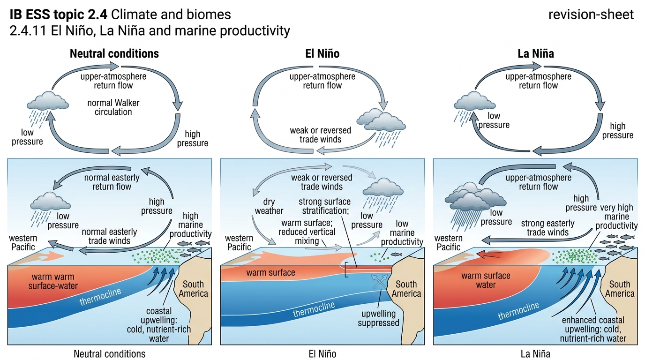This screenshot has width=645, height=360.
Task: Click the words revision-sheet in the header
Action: coord(591,15)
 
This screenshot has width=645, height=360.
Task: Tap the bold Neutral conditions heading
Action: coord(114,53)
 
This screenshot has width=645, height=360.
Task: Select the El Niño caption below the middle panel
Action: coord(322,353)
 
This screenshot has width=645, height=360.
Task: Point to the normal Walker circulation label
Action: coord(113,107)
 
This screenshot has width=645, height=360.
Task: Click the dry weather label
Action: coord(269,206)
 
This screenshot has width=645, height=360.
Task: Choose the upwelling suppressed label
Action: coord(378,318)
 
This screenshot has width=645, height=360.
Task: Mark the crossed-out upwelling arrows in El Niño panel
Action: coord(379,282)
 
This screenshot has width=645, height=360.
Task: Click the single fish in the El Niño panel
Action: coord(396,255)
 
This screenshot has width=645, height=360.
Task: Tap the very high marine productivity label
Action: coord(616,217)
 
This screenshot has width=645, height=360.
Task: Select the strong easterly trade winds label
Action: coord(547,228)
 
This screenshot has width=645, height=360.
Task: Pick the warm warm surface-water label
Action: coord(53,281)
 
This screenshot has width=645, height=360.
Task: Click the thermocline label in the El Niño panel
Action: coord(314,309)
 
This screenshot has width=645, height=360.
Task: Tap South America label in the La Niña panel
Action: coord(620,289)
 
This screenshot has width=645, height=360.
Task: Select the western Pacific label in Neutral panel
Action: coord(23,242)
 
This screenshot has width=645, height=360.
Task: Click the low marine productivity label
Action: coord(402,232)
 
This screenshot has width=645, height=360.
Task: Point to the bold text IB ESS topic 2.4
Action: coord(59,15)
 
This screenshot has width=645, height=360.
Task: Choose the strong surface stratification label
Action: coord(325,206)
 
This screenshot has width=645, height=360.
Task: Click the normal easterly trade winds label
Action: coord(109,236)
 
